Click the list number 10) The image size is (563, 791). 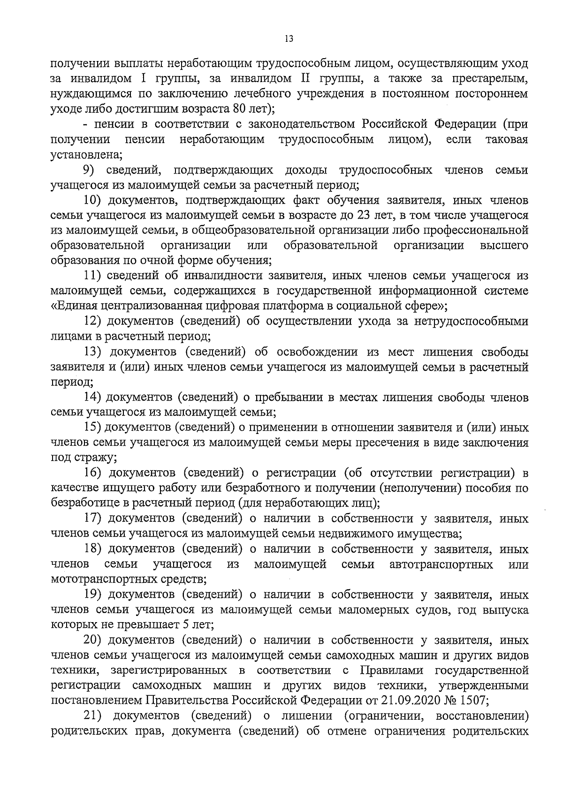coord(93,200)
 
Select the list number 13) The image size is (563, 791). coord(93,352)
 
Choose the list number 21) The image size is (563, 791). coord(93,716)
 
